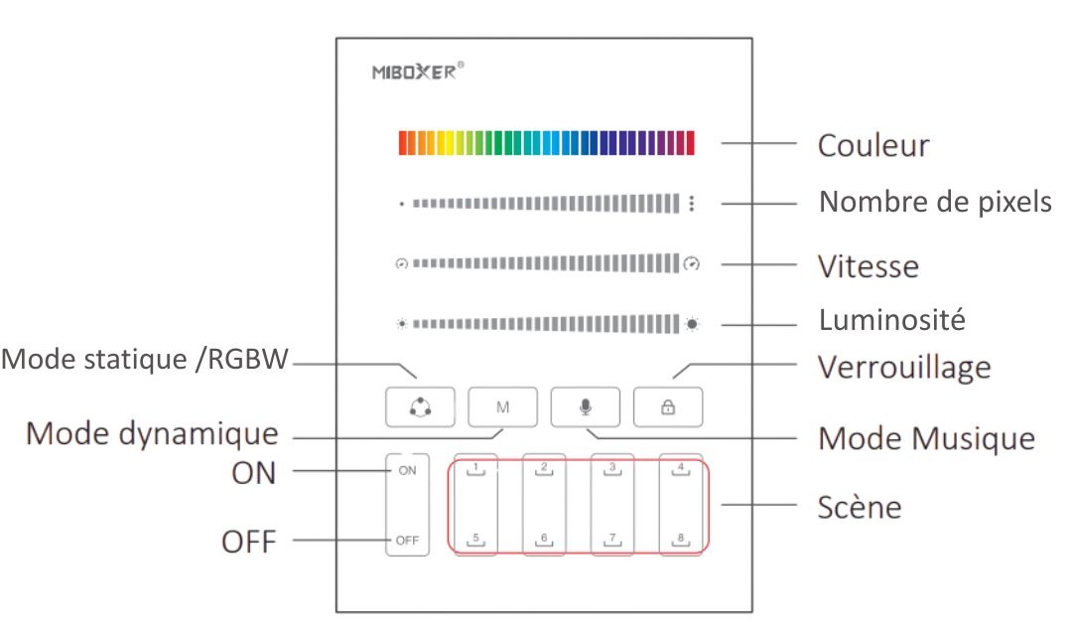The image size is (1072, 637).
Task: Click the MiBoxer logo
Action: click(418, 72)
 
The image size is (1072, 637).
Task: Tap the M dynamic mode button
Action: click(502, 407)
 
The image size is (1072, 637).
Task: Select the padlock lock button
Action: click(668, 407)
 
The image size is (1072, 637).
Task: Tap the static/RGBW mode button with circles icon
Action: click(420, 407)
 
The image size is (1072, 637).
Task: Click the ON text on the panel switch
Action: click(408, 471)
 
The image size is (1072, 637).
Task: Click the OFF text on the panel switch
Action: click(407, 541)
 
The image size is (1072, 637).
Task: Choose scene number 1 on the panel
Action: click(475, 469)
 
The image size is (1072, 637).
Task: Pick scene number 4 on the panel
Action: click(681, 469)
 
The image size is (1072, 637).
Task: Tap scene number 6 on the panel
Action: click(544, 540)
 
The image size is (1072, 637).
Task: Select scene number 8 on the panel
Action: click(681, 540)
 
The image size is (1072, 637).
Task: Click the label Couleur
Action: click(873, 145)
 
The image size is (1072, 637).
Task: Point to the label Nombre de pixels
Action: click(935, 202)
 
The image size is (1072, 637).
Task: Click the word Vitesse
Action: click(869, 266)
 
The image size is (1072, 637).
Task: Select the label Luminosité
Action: click(892, 320)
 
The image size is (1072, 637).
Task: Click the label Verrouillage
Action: click(904, 368)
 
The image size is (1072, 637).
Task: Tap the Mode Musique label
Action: click(926, 438)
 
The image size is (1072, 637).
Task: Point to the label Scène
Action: click(860, 507)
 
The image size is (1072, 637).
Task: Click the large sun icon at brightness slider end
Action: click(692, 324)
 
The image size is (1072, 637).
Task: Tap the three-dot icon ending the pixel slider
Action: click(692, 203)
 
